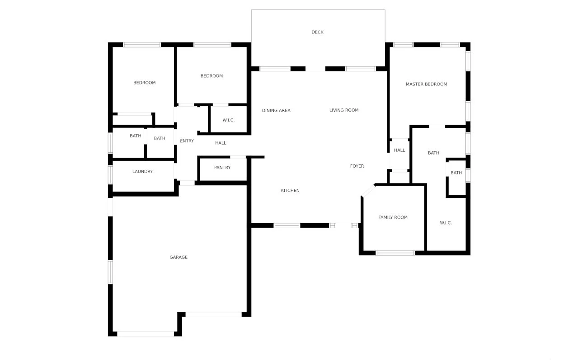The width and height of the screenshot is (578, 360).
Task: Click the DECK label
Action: (x=317, y=32)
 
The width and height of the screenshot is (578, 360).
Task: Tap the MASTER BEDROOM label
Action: (x=426, y=84)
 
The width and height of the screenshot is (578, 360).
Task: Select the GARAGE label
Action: (x=179, y=257)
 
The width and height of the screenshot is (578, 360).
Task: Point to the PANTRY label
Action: (x=222, y=168)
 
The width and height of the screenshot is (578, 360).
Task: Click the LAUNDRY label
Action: (x=142, y=172)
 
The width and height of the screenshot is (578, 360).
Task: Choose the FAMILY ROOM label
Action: (x=393, y=217)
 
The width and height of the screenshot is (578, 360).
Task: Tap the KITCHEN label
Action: (x=290, y=191)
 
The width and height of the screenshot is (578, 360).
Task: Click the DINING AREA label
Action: (x=276, y=110)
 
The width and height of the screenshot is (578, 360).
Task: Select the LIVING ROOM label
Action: (x=344, y=110)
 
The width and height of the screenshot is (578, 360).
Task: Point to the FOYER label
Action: (x=357, y=166)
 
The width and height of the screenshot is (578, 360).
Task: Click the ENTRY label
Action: (x=187, y=141)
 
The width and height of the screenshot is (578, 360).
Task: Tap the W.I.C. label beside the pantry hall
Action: (x=229, y=120)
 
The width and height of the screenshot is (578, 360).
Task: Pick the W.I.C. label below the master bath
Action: (x=446, y=223)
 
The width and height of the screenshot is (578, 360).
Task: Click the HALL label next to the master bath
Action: (x=399, y=150)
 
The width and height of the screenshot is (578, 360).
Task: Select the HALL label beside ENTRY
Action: (x=221, y=143)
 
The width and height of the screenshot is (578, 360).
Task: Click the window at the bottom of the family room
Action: (x=395, y=253)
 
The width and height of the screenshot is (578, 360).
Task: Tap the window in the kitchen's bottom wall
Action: (x=287, y=225)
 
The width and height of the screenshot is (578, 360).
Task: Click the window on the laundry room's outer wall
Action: (x=110, y=174)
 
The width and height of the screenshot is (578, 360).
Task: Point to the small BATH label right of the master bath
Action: (x=456, y=173)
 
